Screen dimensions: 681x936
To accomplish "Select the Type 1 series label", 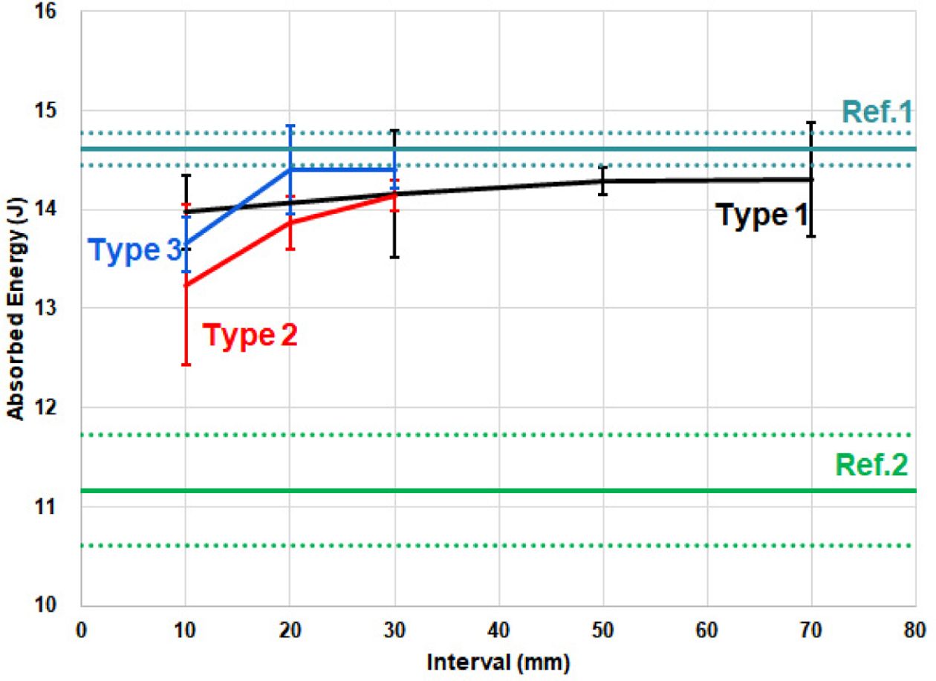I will pyautogui.click(x=761, y=215).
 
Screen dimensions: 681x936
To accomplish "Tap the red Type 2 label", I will pyautogui.click(x=250, y=336).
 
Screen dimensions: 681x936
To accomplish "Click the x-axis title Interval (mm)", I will pyautogui.click(x=497, y=660).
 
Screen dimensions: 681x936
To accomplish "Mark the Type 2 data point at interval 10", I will pyautogui.click(x=186, y=285).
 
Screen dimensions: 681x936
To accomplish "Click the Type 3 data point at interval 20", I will pyautogui.click(x=290, y=169).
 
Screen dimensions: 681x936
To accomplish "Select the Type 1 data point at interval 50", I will pyautogui.click(x=602, y=180).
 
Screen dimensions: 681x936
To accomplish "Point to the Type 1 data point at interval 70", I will pyautogui.click(x=811, y=179).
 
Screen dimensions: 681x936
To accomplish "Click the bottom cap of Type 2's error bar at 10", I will pyautogui.click(x=186, y=365).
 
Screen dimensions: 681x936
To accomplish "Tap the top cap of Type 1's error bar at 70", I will pyautogui.click(x=811, y=123).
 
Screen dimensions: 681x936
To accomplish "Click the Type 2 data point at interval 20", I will pyautogui.click(x=290, y=222).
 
